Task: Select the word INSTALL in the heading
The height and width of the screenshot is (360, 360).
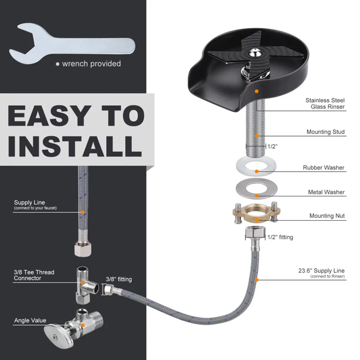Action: [75, 146]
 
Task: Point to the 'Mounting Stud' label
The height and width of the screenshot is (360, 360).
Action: [326, 132]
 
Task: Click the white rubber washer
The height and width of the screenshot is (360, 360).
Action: [256, 166]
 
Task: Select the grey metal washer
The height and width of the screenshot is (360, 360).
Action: [256, 188]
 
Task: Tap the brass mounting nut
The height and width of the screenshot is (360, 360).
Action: [256, 213]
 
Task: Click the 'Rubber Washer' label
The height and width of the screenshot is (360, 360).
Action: [323, 168]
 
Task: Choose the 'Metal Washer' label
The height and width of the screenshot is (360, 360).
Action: [326, 192]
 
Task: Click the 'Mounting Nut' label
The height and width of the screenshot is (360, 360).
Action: [327, 216]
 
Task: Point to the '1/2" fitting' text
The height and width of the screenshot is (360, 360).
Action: [280, 237]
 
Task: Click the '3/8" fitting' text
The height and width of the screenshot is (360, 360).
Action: [119, 279]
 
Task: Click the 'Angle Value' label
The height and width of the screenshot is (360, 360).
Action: [30, 320]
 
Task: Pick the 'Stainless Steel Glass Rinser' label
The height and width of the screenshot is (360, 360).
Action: [325, 104]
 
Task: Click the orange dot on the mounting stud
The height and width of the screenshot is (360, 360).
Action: [257, 136]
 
